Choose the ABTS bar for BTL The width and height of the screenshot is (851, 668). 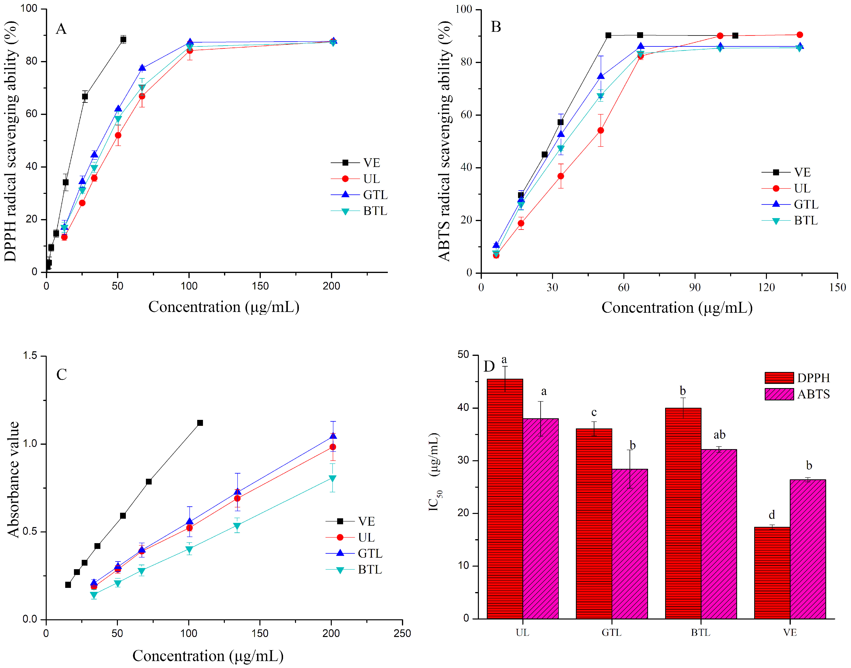click(719, 534)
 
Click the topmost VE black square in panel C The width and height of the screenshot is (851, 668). click(200, 423)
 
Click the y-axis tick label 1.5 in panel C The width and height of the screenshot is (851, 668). click(30, 355)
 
